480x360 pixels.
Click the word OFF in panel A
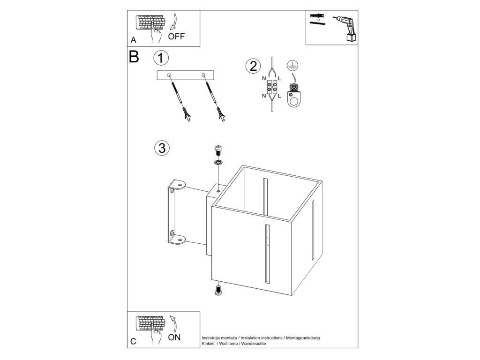[x=176, y=37]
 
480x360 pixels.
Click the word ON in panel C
[x=174, y=337]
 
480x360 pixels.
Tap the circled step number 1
[x=161, y=58]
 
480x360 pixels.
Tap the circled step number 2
[x=253, y=66]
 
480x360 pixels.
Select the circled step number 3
[x=161, y=148]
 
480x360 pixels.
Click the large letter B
[x=134, y=57]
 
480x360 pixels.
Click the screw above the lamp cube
[x=218, y=150]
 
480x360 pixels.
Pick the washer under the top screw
[x=218, y=163]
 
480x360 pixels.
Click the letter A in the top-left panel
[x=134, y=40]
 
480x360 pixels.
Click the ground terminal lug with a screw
[x=293, y=95]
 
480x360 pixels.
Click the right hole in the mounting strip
[x=203, y=75]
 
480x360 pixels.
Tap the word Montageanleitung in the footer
[x=303, y=338]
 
